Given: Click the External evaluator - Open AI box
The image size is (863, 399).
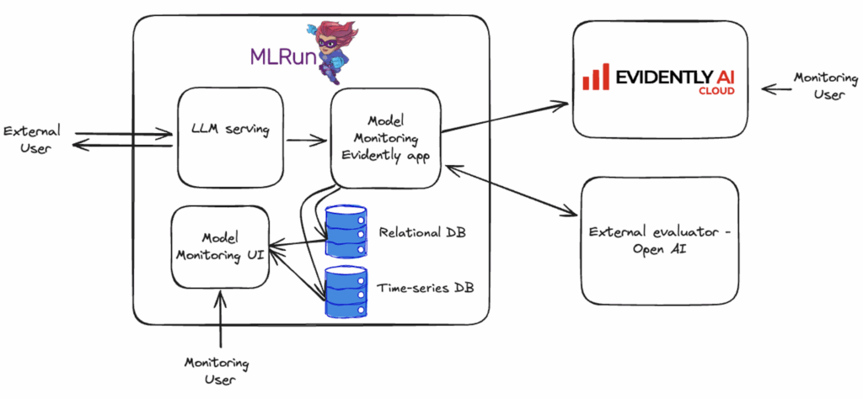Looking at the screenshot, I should click(660, 240).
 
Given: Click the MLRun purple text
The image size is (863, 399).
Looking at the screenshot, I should click(281, 56).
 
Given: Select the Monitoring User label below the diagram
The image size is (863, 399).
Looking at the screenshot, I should click(217, 371).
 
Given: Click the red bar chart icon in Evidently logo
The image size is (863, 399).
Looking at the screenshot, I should click(596, 78).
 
